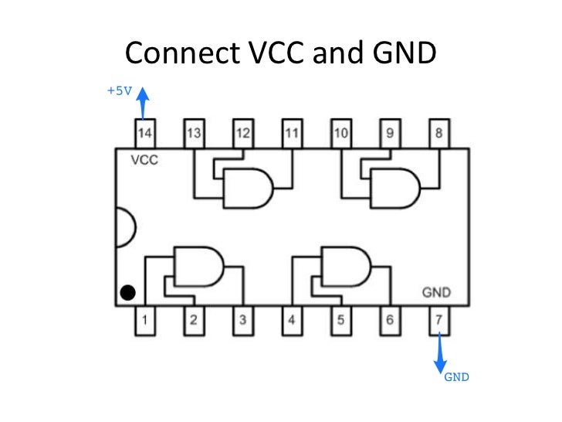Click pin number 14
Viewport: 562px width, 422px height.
point(144,134)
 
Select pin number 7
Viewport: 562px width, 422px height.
point(439,319)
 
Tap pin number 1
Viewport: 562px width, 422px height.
point(144,319)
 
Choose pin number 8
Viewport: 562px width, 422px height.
point(439,134)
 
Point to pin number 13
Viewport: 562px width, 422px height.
point(194,134)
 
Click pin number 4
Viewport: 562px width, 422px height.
point(292,319)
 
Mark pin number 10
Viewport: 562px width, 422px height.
point(340,134)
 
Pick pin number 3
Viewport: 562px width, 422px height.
point(242,319)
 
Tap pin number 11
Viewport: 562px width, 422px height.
point(292,134)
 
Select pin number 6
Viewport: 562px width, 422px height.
point(390,319)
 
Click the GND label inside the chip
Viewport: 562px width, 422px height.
point(436,293)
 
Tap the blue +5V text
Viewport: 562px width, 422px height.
point(120,90)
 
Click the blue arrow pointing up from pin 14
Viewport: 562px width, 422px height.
point(144,103)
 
